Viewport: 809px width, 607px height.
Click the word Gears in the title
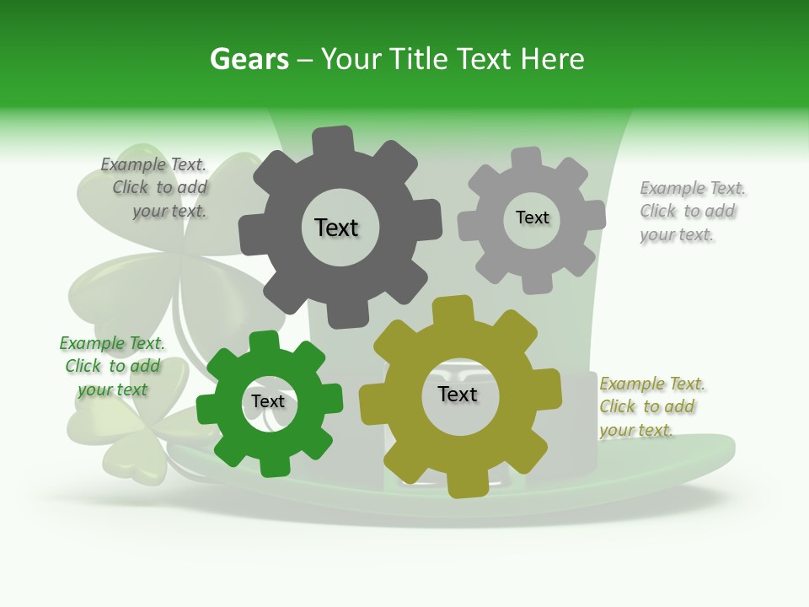[249, 59]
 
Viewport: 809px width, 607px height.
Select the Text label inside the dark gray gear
[336, 228]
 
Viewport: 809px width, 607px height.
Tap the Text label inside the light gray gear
[532, 218]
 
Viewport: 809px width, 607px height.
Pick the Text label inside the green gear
[268, 401]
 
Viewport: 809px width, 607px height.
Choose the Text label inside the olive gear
[458, 394]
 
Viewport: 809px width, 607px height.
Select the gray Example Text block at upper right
[691, 211]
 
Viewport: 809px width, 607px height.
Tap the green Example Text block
[112, 366]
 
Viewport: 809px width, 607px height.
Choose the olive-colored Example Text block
[651, 406]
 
